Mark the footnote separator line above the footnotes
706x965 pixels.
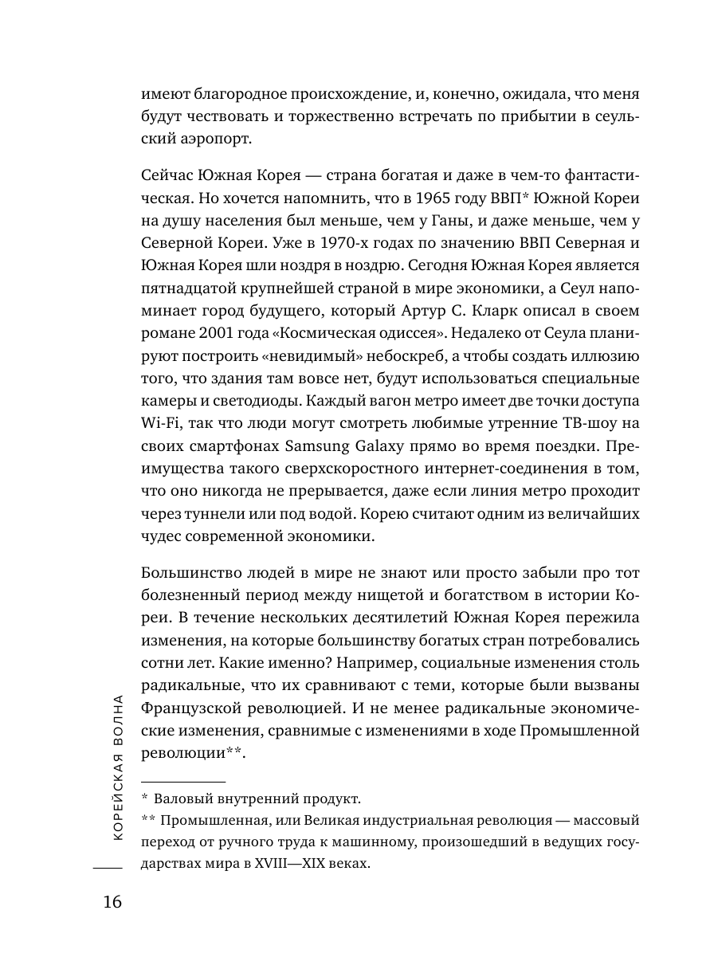(x=183, y=781)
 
